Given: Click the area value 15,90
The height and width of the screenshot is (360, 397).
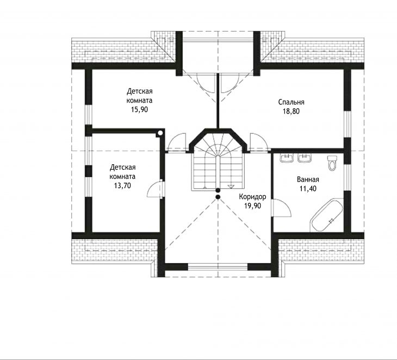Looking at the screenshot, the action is [x=139, y=110].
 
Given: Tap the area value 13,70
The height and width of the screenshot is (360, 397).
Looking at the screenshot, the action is [x=122, y=186].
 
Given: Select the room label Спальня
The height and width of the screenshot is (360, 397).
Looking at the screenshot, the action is [x=291, y=102].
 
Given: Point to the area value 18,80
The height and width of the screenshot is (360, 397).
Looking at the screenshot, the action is [x=291, y=111].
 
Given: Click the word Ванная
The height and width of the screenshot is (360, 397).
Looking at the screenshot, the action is [x=308, y=180].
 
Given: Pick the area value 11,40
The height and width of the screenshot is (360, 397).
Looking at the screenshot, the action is [x=308, y=189].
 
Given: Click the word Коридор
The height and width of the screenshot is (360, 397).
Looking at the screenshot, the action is [x=252, y=197].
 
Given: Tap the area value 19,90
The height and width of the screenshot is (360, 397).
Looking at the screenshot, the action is [x=252, y=206].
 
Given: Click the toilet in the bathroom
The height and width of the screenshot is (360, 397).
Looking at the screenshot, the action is [x=332, y=162].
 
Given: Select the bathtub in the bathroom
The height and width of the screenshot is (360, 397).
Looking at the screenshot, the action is [x=327, y=215].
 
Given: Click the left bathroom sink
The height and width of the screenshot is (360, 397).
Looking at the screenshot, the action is [x=287, y=158].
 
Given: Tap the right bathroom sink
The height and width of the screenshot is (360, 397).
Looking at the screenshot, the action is [x=305, y=158].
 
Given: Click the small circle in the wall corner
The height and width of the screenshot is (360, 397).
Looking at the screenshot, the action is [x=160, y=133].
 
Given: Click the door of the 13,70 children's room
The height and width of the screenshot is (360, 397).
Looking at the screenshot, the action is [x=154, y=189].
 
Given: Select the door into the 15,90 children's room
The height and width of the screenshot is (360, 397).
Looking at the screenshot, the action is [x=177, y=142].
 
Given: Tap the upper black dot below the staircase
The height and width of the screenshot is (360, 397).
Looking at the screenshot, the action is [x=218, y=190].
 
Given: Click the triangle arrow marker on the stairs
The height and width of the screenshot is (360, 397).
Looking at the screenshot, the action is [x=231, y=187].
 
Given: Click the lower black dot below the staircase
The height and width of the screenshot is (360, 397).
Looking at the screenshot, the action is [x=218, y=197].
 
